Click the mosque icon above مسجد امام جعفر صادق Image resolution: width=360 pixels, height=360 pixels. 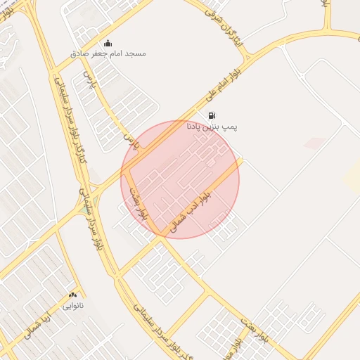[107, 43]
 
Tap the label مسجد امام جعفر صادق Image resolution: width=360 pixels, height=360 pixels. [108, 53]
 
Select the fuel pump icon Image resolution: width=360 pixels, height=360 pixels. [212, 115]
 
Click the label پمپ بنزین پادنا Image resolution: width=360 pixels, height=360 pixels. [212, 127]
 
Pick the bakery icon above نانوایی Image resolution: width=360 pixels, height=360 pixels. [72, 295]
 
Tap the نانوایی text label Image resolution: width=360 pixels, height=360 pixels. [73, 306]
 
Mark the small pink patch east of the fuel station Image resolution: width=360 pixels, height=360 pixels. [314, 143]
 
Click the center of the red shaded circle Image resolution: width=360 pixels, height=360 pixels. [180, 179]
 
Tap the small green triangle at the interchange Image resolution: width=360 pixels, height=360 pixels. [84, 209]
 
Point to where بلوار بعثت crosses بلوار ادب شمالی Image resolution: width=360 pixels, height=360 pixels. [160, 237]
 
